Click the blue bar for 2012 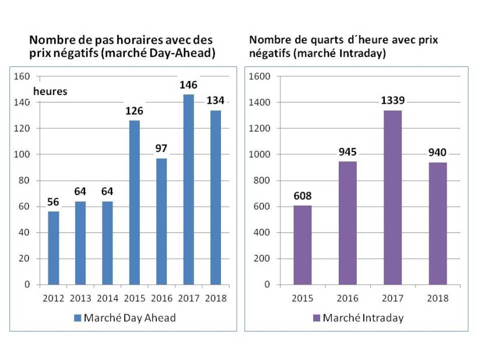(x=53, y=248)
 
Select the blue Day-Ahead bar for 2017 (x=188, y=189)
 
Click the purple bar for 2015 (x=303, y=245)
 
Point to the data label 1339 (x=392, y=101)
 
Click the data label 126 (x=134, y=111)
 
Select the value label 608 (x=303, y=196)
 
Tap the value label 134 (x=215, y=101)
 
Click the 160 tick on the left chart (x=22, y=76)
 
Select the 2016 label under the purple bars (x=347, y=298)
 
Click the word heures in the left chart (x=50, y=91)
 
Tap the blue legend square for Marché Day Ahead (x=78, y=318)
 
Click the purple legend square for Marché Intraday (x=317, y=318)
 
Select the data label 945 (x=347, y=152)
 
